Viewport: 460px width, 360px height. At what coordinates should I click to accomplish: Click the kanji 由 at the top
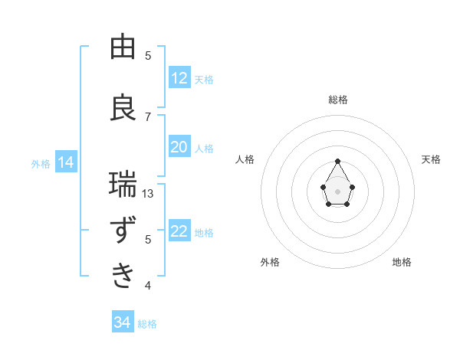coord(123,47)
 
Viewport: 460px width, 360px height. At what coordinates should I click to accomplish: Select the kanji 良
coord(123,107)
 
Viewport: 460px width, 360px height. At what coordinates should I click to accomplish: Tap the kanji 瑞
coord(123,185)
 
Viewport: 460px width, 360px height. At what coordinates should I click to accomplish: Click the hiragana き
coord(123,277)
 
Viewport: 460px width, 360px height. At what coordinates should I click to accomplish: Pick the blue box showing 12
coord(179,78)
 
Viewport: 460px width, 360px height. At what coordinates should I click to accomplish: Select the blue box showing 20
coord(179,147)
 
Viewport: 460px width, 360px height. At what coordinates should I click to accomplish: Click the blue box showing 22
coord(179,231)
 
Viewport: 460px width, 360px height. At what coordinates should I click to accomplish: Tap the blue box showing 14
coord(65,162)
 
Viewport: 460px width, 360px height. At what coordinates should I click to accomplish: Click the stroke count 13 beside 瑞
coord(148,194)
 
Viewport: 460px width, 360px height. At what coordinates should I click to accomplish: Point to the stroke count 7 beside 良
coord(148,116)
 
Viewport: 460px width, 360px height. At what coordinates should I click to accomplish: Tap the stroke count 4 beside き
coord(148,286)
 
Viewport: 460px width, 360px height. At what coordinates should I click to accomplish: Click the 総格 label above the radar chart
coord(338,100)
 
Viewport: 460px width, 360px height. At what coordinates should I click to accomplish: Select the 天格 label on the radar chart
coord(431,159)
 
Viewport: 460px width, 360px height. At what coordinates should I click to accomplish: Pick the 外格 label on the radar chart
coord(270,262)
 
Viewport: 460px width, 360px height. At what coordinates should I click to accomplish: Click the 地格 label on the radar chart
coord(402,262)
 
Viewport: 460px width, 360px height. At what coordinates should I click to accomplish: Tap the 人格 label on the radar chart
coord(245,159)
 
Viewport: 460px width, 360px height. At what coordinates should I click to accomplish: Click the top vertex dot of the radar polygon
coord(337,161)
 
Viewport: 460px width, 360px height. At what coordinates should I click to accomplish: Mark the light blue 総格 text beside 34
coord(147,324)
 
